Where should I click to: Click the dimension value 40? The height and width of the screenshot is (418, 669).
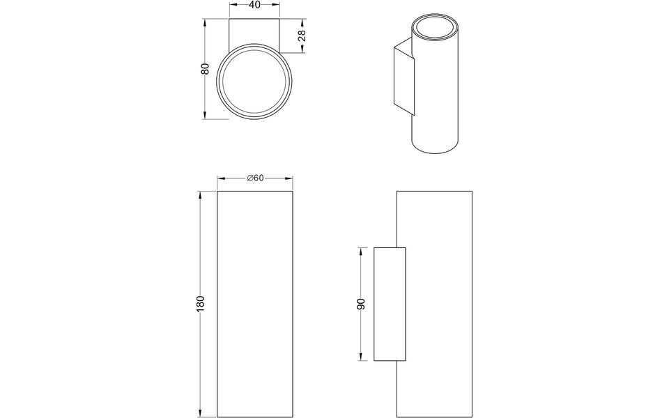click(x=255, y=5)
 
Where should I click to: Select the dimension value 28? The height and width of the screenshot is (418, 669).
click(x=302, y=36)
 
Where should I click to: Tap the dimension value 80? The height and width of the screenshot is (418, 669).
click(x=205, y=69)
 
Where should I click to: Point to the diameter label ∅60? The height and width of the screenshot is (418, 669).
click(x=255, y=178)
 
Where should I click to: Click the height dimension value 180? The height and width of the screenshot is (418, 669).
click(x=201, y=303)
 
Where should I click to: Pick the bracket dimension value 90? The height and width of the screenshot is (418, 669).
click(x=361, y=304)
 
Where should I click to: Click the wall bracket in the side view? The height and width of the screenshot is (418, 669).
click(x=390, y=304)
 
